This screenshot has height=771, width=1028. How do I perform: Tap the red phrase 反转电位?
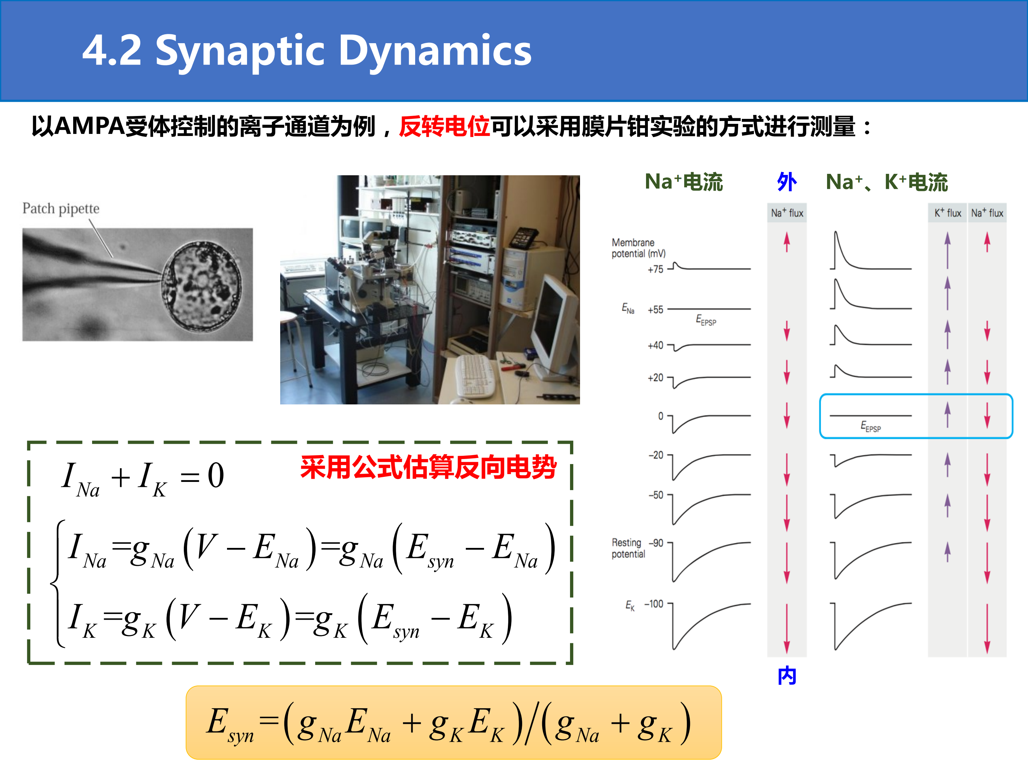[444, 126]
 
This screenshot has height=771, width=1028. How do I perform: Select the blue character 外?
[787, 182]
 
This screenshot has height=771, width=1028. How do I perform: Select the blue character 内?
[787, 675]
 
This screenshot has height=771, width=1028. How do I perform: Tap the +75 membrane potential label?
[655, 269]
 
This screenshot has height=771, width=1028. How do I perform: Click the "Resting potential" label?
[628, 548]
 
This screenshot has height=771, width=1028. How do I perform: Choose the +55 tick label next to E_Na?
[655, 310]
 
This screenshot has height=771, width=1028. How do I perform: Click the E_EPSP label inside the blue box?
[871, 427]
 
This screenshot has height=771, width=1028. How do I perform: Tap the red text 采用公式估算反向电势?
[428, 467]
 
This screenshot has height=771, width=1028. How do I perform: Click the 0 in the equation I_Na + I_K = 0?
[216, 476]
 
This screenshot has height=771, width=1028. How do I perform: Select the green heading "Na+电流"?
[684, 182]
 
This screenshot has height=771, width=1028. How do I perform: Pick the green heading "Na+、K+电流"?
[887, 182]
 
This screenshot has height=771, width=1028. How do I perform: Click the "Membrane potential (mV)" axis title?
[639, 248]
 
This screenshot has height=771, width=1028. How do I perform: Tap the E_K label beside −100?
[630, 605]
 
